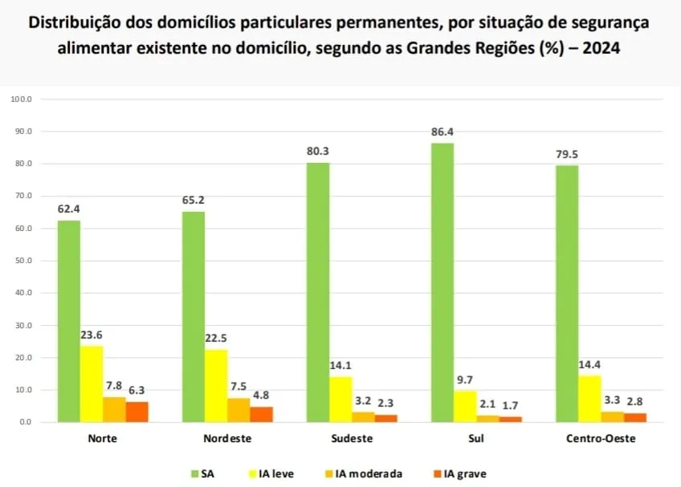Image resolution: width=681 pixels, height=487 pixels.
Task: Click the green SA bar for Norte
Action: click(68, 321)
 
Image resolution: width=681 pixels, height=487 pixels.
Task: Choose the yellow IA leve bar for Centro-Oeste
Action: click(589, 398)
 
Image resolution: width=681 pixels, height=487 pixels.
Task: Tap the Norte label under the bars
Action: click(103, 439)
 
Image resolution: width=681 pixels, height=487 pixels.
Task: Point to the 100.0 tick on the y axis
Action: click(21, 99)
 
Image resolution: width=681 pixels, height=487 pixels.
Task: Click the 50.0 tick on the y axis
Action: click(22, 261)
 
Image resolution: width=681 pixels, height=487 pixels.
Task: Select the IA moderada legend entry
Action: click(369, 473)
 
